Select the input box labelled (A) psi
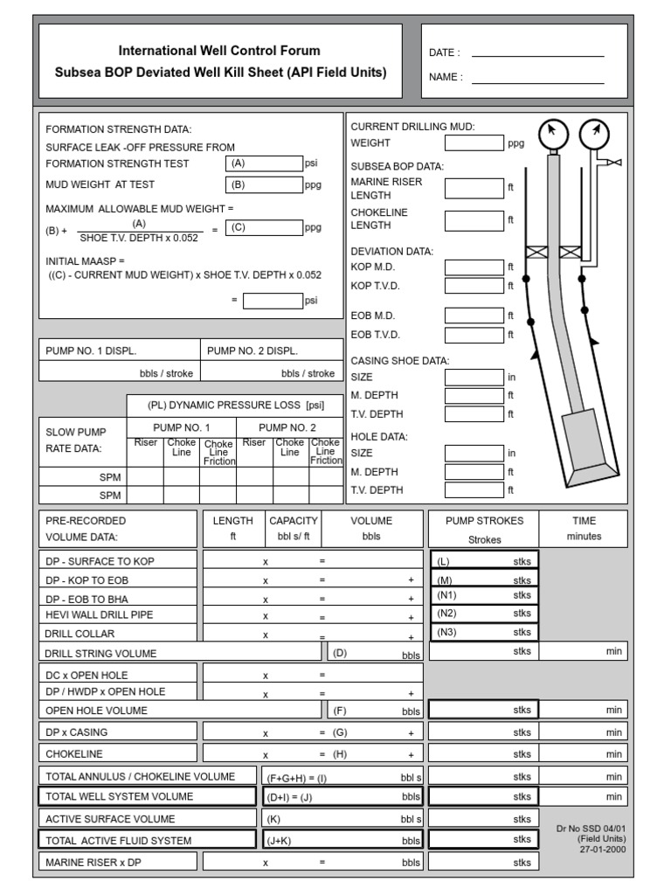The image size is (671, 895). [264, 163]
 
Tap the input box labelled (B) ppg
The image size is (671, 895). [264, 184]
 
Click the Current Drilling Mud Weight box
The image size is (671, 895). [474, 143]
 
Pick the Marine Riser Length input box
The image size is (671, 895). [474, 188]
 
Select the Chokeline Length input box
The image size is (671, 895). [474, 220]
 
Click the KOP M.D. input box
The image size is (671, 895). [474, 267]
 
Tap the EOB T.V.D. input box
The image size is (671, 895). [474, 335]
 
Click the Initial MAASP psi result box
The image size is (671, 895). [273, 301]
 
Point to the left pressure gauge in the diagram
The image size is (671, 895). [552, 134]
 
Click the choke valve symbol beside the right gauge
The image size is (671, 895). [614, 162]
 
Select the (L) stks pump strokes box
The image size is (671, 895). [483, 560]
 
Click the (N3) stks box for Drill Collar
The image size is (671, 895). [483, 632]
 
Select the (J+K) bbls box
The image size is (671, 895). [343, 840]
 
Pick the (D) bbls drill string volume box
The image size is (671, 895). [375, 652]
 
